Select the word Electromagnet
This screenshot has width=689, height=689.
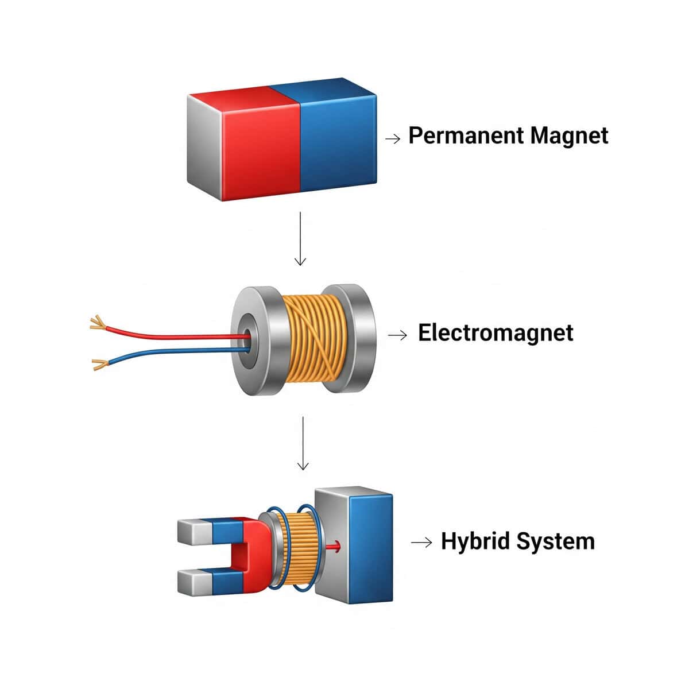pos(495,333)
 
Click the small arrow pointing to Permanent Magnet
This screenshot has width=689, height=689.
pos(393,138)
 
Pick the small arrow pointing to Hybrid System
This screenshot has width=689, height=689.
pos(421,542)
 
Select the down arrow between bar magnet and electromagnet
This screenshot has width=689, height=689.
pos(300,238)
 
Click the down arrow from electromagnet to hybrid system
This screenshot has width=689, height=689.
pos(303,443)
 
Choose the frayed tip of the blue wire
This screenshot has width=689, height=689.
pos(99,363)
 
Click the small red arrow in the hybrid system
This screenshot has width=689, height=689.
pos(334,547)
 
